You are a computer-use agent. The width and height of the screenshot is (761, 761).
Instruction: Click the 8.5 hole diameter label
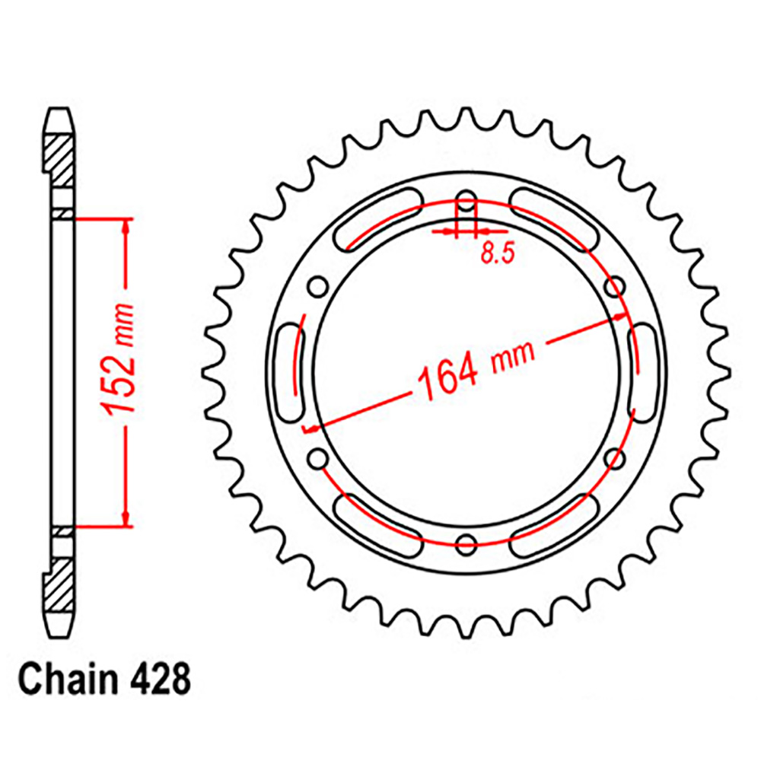click(x=497, y=253)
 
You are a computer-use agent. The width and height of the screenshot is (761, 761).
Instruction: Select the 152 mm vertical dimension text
click(x=117, y=360)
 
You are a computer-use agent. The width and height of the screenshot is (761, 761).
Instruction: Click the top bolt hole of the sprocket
click(x=466, y=200)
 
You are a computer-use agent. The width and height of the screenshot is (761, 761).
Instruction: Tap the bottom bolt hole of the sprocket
click(x=466, y=545)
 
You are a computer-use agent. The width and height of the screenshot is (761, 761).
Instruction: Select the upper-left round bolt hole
click(x=318, y=286)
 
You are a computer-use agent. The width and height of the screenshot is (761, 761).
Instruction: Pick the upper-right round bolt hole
click(x=615, y=286)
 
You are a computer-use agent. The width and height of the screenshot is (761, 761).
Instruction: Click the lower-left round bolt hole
click(x=318, y=459)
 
